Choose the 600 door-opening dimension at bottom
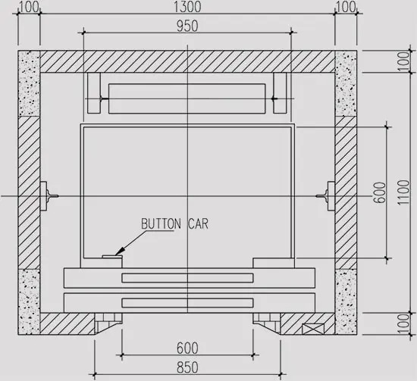(x=187, y=348)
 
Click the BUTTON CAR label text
(x=174, y=224)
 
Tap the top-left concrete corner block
(x=30, y=83)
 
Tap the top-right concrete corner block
(x=346, y=83)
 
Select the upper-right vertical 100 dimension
(x=406, y=62)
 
